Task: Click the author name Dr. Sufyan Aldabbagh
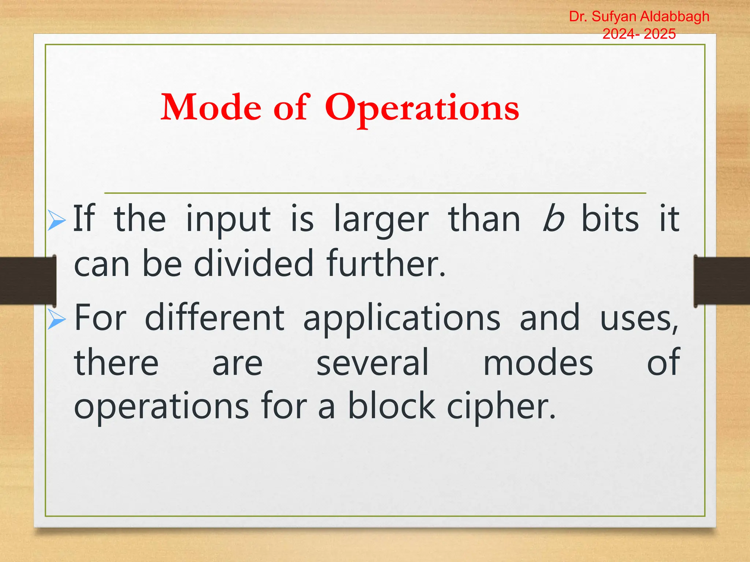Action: (639, 16)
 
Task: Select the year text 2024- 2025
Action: (639, 34)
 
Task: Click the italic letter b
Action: (553, 219)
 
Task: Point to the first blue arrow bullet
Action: (56, 221)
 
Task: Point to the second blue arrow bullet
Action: (56, 319)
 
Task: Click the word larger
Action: (381, 220)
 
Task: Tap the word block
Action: (391, 406)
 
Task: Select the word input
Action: (228, 220)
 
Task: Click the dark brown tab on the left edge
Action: (28, 281)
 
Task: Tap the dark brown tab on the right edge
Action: (721, 281)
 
